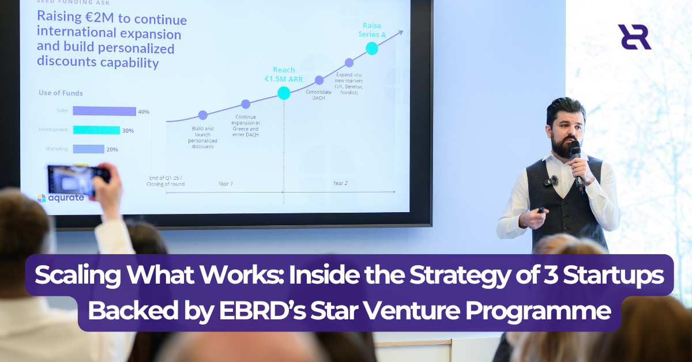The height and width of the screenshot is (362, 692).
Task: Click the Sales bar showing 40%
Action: pos(104,111)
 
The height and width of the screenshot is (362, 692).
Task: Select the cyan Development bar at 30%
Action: pos(96,130)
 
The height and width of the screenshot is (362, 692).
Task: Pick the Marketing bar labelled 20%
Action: pos(88,149)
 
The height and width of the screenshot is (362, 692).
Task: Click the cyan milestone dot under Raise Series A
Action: pos(372,48)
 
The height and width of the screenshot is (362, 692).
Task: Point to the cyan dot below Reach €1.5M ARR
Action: pos(284,93)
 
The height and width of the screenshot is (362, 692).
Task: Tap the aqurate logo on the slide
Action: pos(61,198)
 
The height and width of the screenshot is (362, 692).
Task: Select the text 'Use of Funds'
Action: pos(61,93)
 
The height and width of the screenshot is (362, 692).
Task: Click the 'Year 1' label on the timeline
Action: pos(225,183)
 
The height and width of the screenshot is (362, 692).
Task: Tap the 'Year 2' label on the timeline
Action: pos(341,183)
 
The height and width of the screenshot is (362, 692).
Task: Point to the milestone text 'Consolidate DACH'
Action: pos(318,95)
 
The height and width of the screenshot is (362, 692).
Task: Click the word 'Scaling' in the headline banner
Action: pos(76,275)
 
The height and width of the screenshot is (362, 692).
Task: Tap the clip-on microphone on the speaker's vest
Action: pos(550,181)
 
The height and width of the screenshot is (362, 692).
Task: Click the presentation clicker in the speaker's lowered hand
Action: pos(540,211)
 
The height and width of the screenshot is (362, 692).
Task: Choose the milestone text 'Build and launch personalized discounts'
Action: pos(202,137)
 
